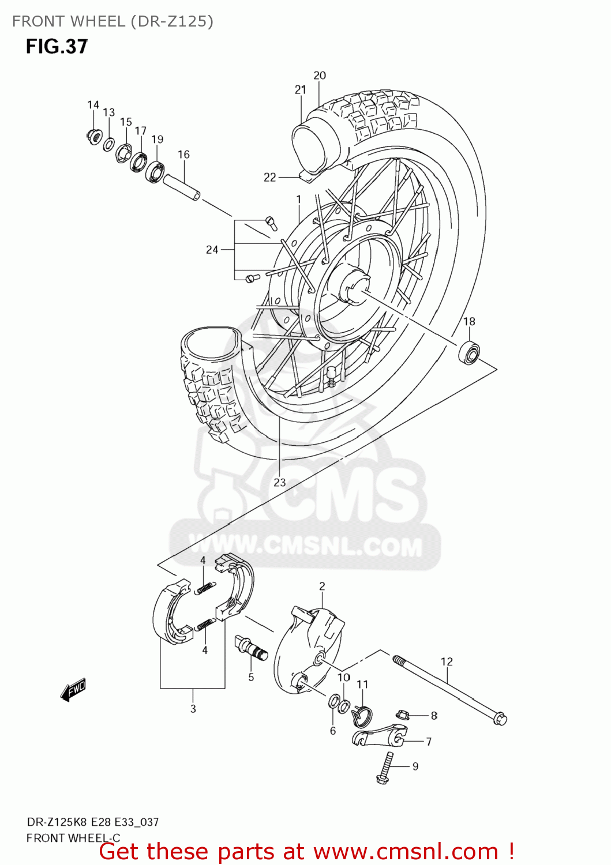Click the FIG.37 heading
tap(57, 46)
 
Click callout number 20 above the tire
tap(320, 76)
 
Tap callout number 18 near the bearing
tap(469, 322)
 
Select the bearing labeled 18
tap(468, 352)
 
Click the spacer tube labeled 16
tap(181, 187)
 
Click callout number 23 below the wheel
tap(280, 483)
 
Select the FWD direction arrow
tap(73, 689)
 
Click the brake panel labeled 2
tap(309, 652)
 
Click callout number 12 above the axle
tap(447, 662)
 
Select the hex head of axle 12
tap(500, 719)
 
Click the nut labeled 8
tap(404, 716)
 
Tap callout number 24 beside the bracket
tap(212, 250)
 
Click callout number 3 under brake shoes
tap(193, 709)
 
